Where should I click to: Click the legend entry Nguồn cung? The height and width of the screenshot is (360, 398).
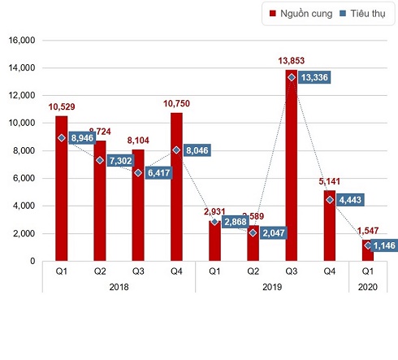(301, 14)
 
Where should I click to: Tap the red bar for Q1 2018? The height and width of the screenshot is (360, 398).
(61, 188)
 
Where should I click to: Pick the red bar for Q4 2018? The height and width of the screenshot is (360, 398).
(176, 186)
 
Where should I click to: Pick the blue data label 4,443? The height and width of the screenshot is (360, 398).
(355, 200)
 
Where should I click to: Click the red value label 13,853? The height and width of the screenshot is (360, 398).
(292, 60)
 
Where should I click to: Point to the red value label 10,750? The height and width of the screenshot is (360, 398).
(176, 103)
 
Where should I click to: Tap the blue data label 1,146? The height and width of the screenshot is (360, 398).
(379, 245)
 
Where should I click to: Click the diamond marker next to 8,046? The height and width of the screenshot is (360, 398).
(176, 150)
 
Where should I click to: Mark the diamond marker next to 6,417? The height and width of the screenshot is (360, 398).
(138, 172)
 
